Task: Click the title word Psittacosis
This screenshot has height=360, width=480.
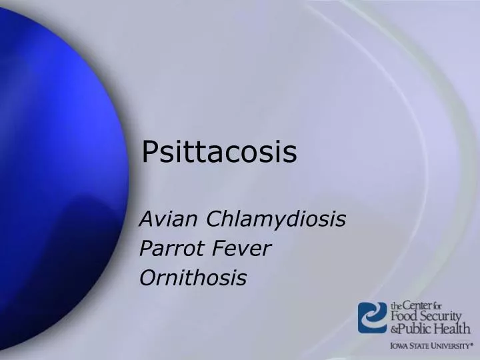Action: click(219, 153)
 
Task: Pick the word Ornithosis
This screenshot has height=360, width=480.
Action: click(193, 278)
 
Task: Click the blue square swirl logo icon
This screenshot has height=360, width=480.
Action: click(373, 318)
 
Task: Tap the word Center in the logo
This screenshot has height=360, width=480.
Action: click(418, 304)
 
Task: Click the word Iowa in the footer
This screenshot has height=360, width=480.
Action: click(400, 346)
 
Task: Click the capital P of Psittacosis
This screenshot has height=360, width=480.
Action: click(150, 153)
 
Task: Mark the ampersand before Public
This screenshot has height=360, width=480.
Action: click(395, 329)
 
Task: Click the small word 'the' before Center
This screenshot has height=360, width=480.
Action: click(397, 306)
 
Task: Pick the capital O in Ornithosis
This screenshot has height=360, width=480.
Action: click(147, 278)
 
